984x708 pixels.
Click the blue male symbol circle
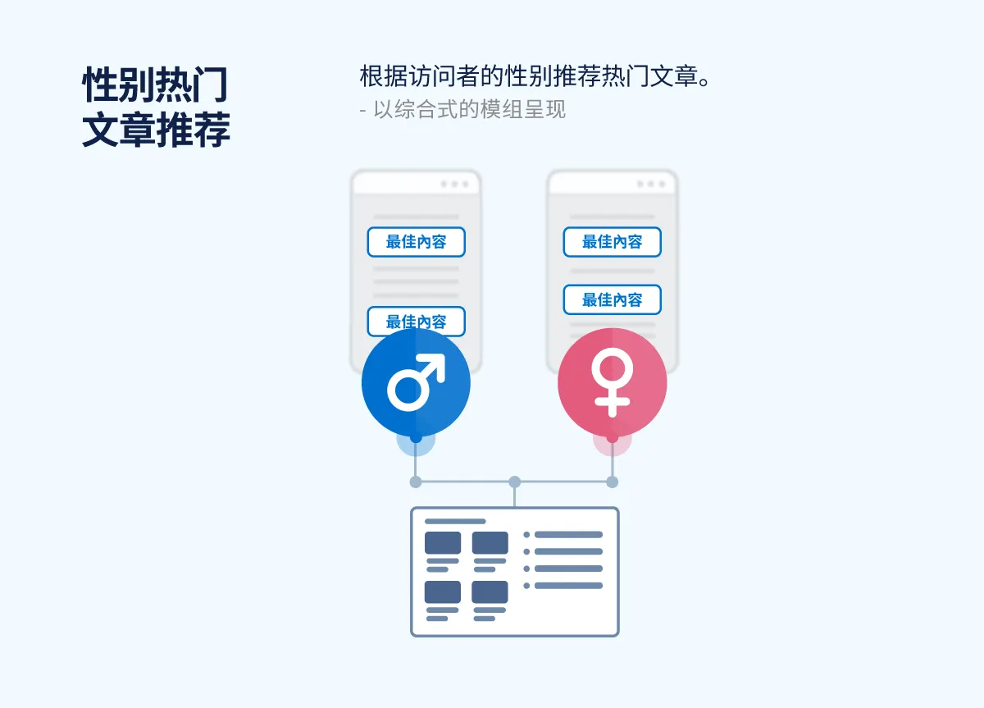(416, 383)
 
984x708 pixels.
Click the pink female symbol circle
(612, 383)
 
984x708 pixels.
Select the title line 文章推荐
(156, 130)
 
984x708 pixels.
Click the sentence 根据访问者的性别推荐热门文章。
(534, 77)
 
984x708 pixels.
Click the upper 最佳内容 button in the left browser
(416, 242)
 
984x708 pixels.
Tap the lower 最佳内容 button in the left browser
(416, 321)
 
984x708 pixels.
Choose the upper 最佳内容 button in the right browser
(612, 242)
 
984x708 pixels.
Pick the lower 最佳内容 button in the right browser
(612, 300)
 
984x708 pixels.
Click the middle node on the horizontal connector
(514, 482)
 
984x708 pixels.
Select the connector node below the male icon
(416, 482)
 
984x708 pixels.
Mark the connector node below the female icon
(612, 482)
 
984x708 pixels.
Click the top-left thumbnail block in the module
(443, 543)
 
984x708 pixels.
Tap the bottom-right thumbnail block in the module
(490, 592)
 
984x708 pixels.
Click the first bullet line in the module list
(568, 535)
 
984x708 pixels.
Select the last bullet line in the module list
(568, 586)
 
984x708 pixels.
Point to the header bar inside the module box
(455, 521)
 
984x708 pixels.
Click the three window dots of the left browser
(453, 185)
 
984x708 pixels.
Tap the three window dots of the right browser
(650, 185)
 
